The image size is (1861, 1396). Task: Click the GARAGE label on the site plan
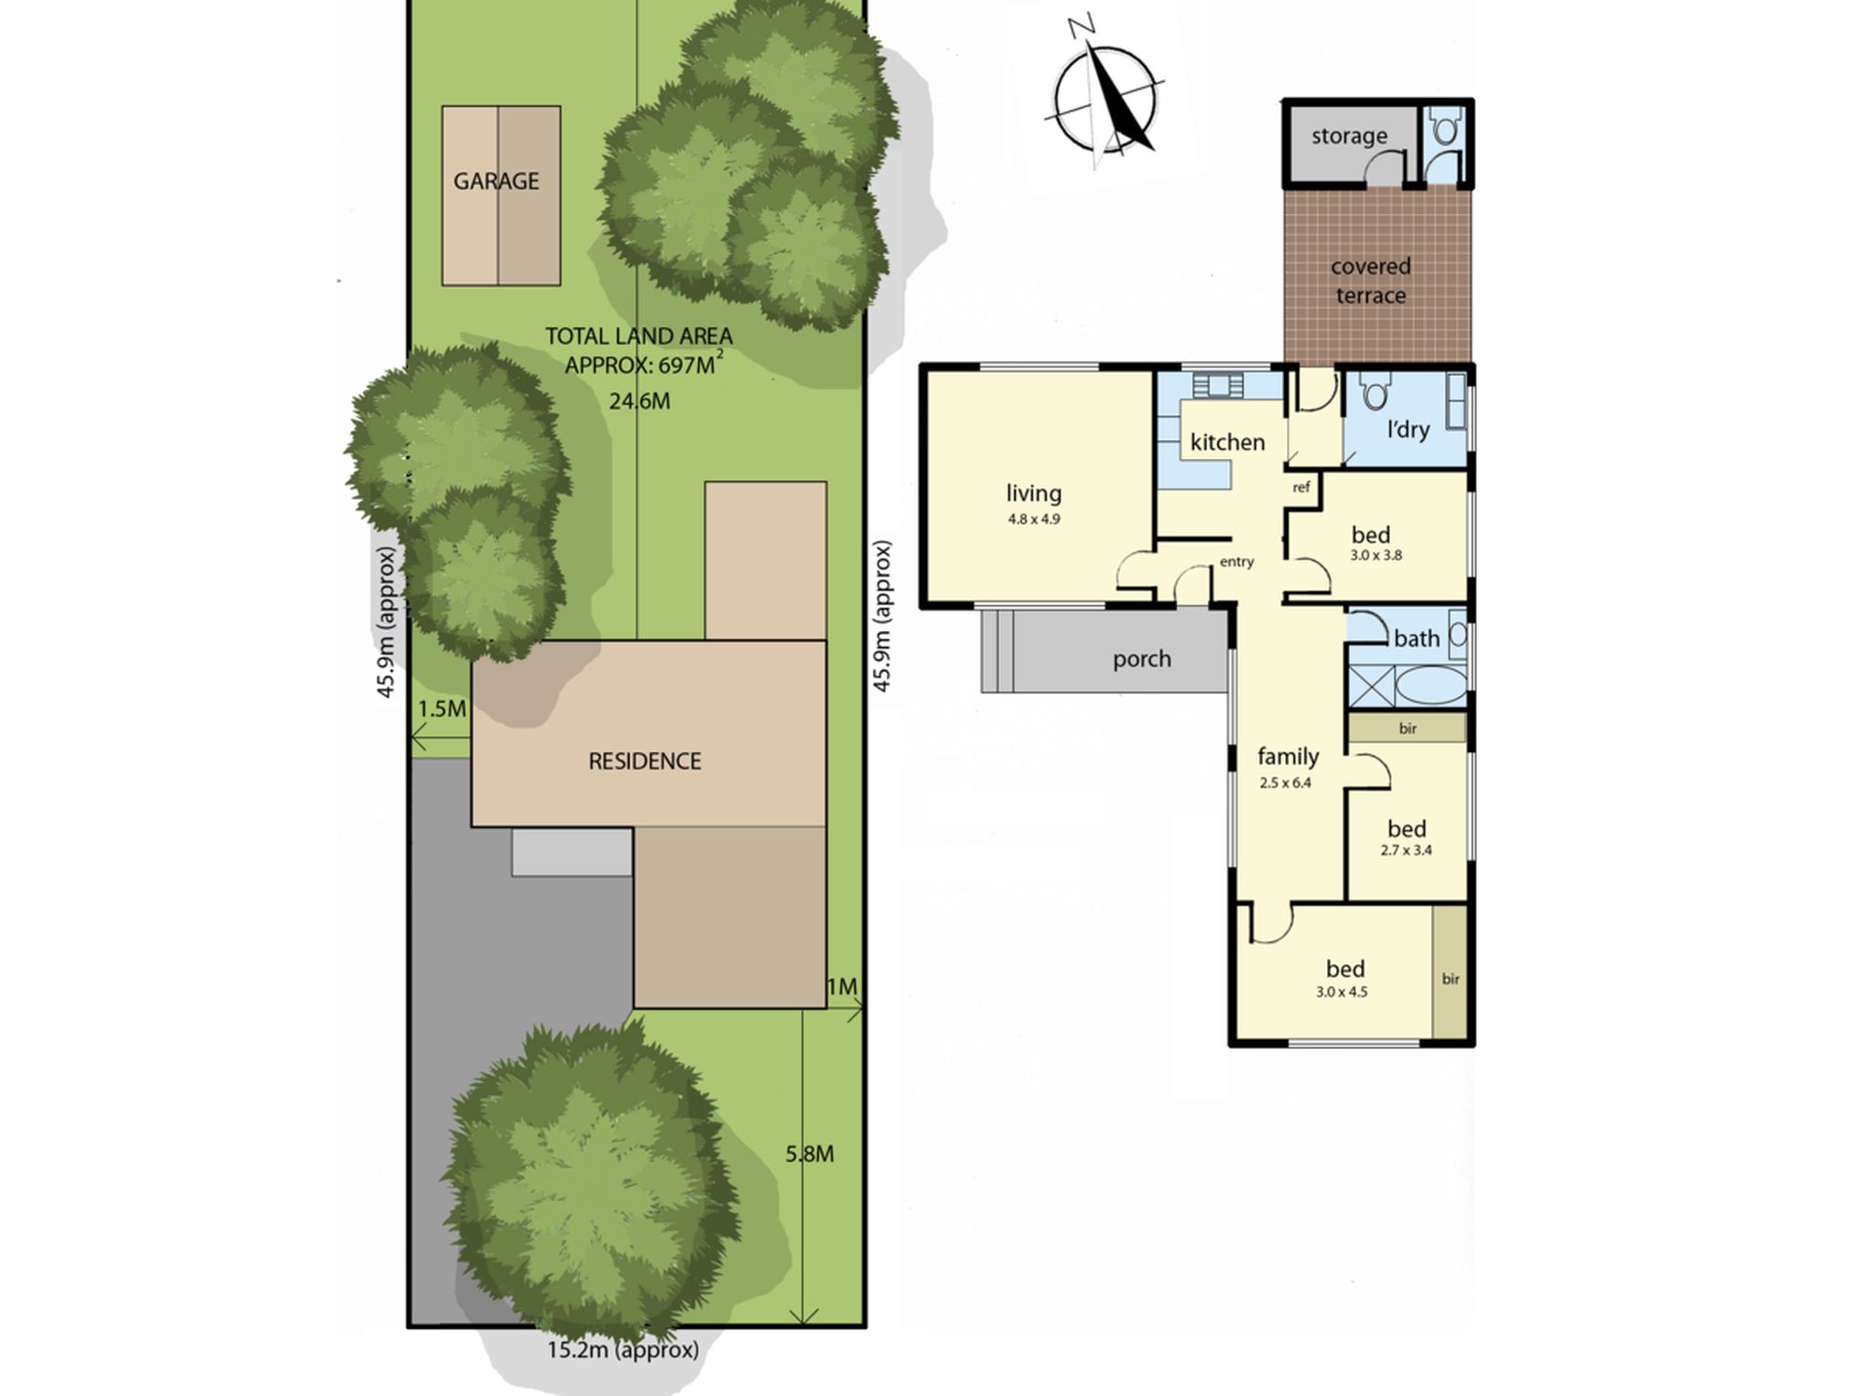tap(496, 181)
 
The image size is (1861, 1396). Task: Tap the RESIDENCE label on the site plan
tap(645, 761)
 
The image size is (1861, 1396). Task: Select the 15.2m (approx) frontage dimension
tap(623, 1349)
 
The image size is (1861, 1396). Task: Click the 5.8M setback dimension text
tap(810, 1154)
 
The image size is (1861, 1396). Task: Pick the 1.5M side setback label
tap(442, 709)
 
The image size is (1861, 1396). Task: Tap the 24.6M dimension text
tap(639, 401)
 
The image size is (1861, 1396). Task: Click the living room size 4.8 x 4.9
tap(1034, 519)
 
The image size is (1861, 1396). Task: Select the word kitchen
tap(1227, 442)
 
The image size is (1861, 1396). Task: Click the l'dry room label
tap(1408, 429)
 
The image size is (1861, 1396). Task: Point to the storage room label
tap(1349, 136)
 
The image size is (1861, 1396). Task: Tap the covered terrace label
tap(1371, 281)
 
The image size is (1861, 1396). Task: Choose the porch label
tap(1142, 660)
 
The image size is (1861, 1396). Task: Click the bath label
tap(1416, 638)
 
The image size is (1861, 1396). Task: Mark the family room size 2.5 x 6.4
tap(1285, 783)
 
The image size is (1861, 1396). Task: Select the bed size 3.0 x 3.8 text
tap(1376, 556)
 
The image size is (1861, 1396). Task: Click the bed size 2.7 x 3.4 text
tap(1406, 850)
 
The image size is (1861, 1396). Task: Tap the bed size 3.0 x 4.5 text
tap(1342, 992)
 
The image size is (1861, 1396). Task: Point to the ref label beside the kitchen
tap(1301, 488)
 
